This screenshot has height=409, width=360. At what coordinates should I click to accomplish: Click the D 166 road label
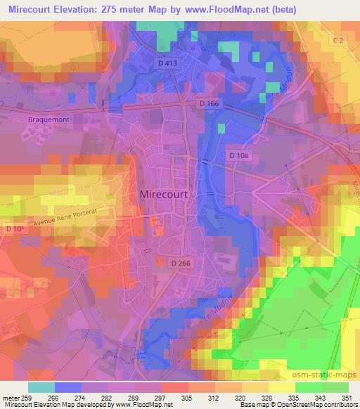210,104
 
